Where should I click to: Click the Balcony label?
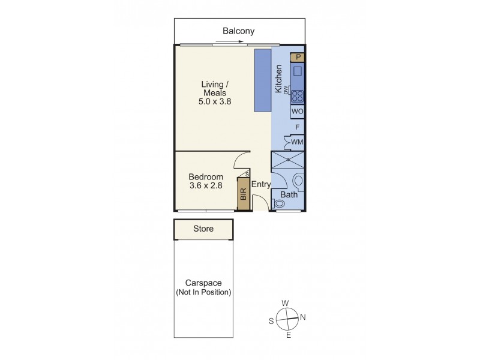239,31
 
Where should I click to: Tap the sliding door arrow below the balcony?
229,42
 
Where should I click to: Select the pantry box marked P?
298,58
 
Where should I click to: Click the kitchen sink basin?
298,71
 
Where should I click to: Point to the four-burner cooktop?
297,96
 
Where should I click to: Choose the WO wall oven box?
297,112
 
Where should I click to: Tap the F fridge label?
298,127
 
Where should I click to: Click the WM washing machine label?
297,142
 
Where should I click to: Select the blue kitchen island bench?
263,80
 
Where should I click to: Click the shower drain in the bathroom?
288,160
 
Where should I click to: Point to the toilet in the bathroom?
298,181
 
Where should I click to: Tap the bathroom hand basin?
279,204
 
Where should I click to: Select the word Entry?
261,185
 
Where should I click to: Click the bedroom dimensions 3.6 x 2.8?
206,186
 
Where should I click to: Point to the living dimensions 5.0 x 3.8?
215,102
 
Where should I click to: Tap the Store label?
203,229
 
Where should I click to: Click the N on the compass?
302,317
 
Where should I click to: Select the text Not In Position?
203,292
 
